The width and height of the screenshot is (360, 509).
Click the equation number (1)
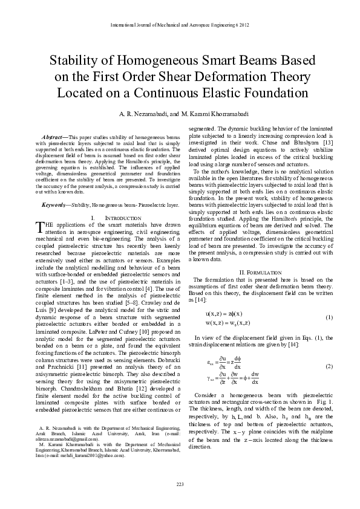(329, 317)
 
